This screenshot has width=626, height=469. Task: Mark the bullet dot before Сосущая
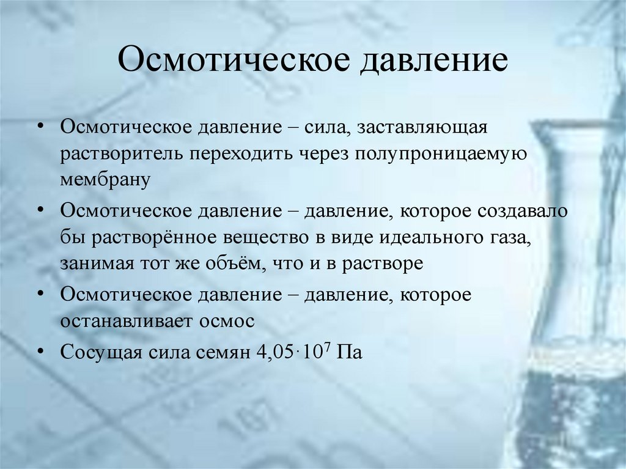[41, 351]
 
